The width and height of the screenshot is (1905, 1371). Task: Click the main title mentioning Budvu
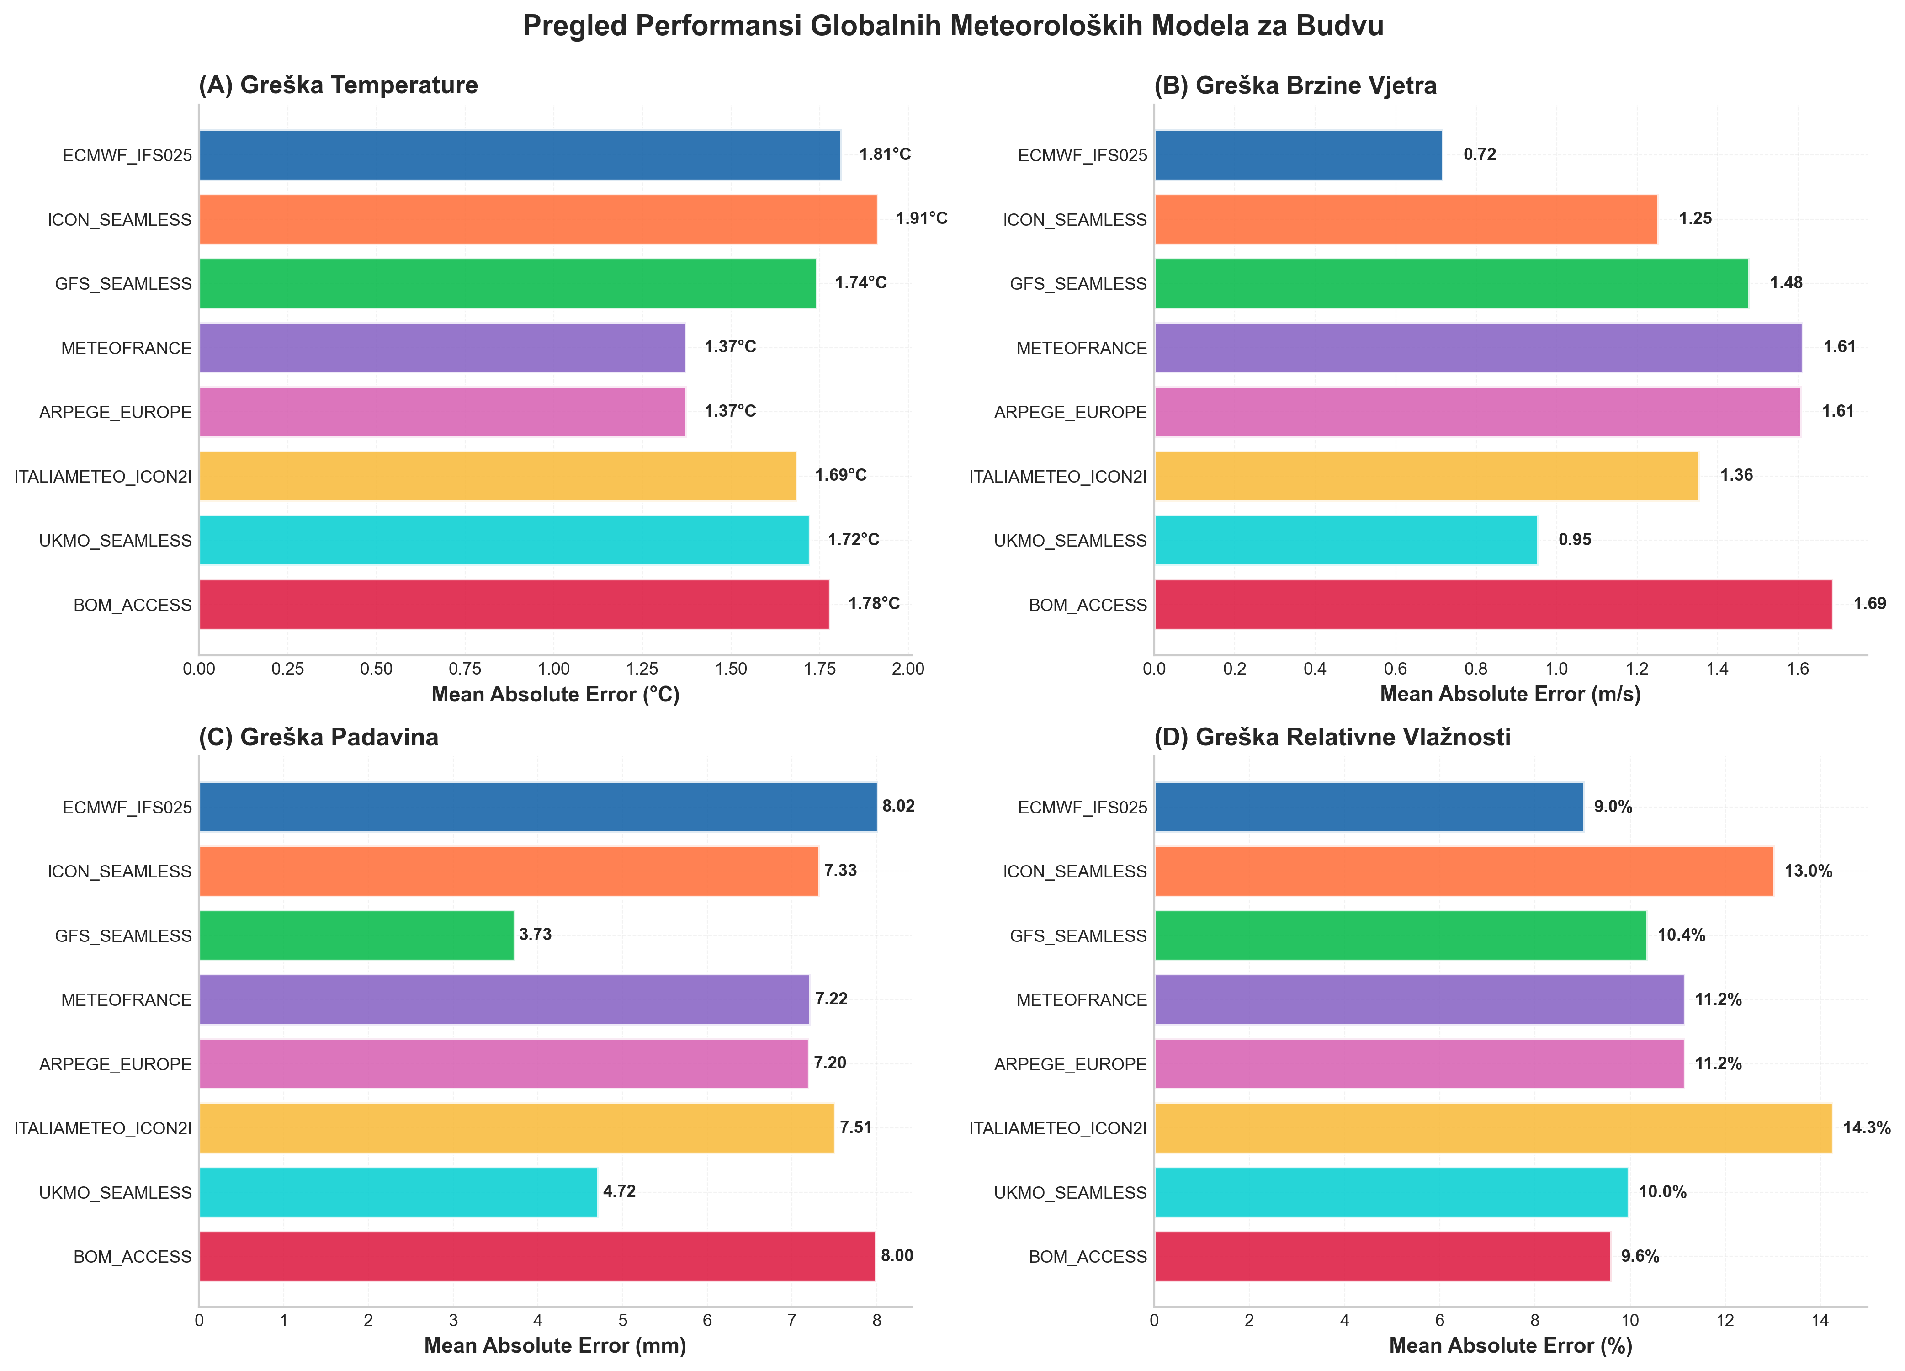pyautogui.click(x=952, y=26)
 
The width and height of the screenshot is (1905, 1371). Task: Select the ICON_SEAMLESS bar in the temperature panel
pyautogui.click(x=537, y=219)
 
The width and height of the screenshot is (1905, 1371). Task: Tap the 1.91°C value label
pyautogui.click(x=921, y=218)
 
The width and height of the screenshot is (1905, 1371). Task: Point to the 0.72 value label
pyautogui.click(x=1479, y=154)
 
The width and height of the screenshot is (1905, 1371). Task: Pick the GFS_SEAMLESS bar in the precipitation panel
pyautogui.click(x=356, y=935)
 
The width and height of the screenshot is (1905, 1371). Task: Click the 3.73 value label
pyautogui.click(x=535, y=934)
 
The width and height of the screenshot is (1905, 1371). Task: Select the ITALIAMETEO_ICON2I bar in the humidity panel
pyautogui.click(x=1492, y=1127)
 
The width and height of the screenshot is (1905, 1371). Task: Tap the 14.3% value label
pyautogui.click(x=1866, y=1127)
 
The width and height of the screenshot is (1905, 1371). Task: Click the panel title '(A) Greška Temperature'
pyautogui.click(x=338, y=85)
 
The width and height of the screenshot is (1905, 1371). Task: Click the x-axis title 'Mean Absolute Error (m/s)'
pyautogui.click(x=1509, y=694)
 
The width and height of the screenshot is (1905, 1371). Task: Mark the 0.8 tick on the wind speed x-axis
pyautogui.click(x=1476, y=669)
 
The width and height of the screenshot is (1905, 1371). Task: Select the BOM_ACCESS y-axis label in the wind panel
pyautogui.click(x=1087, y=605)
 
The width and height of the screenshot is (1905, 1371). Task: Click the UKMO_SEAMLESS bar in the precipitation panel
pyautogui.click(x=398, y=1192)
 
